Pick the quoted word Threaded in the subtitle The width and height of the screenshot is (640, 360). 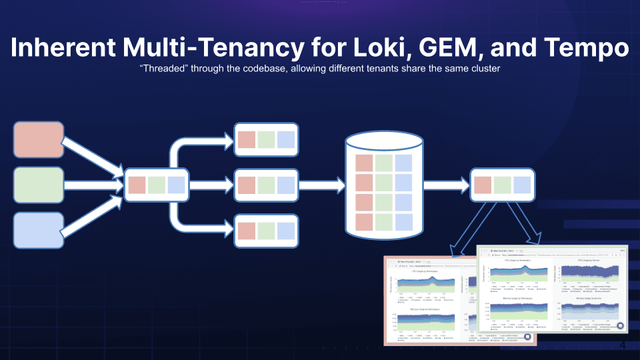(x=164, y=69)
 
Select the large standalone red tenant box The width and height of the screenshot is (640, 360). (x=38, y=139)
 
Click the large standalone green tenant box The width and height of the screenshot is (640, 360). (x=38, y=185)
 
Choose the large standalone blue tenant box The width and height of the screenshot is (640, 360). (x=38, y=230)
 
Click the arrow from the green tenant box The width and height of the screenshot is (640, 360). (x=93, y=185)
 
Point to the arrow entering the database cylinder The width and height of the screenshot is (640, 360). (x=321, y=185)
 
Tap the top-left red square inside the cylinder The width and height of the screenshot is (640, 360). (x=364, y=163)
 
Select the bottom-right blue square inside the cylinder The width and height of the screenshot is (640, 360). (x=403, y=222)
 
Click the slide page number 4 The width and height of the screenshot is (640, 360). (x=623, y=345)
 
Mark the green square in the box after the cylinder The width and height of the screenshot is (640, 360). (x=503, y=185)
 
